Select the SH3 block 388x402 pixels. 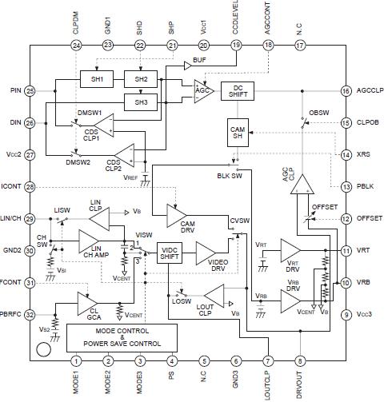pyautogui.click(x=142, y=101)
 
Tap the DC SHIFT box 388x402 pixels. pyautogui.click(x=238, y=91)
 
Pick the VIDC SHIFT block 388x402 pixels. pyautogui.click(x=170, y=253)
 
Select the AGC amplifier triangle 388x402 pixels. pyautogui.click(x=200, y=90)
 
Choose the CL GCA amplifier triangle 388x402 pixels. pyautogui.click(x=88, y=303)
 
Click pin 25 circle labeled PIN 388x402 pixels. pyautogui.click(x=30, y=92)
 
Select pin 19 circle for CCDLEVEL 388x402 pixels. pyautogui.click(x=235, y=46)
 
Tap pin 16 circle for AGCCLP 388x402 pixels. pyautogui.click(x=346, y=92)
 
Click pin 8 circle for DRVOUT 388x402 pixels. pyautogui.click(x=299, y=361)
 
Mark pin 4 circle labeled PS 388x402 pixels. pyautogui.click(x=171, y=361)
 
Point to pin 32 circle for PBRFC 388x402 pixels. pyautogui.click(x=30, y=314)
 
